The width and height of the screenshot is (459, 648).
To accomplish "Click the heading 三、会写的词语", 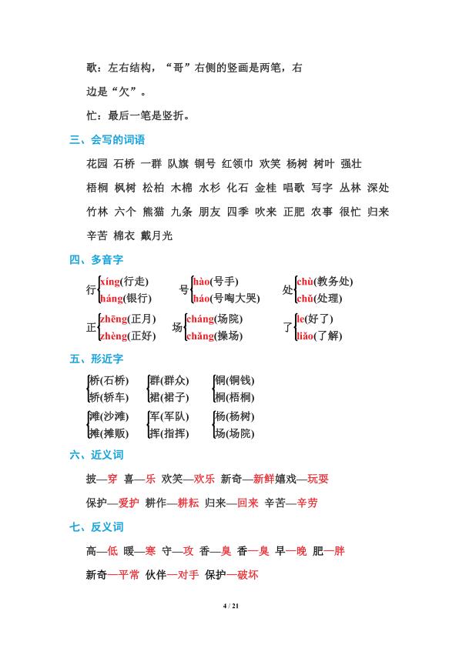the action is click(107, 139).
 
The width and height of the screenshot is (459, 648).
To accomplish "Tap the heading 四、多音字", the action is click(96, 259).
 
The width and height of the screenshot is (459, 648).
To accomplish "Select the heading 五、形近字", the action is click(96, 359).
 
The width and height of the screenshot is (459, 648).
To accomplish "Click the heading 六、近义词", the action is click(96, 456).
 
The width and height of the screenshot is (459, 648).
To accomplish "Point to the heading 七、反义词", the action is click(96, 527).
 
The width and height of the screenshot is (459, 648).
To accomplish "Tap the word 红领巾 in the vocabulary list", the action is click(237, 163).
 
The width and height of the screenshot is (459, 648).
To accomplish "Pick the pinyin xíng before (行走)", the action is click(111, 282).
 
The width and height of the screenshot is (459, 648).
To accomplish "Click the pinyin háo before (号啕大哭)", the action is click(202, 299).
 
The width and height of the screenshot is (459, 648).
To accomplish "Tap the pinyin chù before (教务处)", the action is click(306, 282).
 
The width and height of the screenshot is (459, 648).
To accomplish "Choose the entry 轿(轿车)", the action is click(109, 397).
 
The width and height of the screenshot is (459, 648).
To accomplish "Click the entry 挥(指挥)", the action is click(168, 433).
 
